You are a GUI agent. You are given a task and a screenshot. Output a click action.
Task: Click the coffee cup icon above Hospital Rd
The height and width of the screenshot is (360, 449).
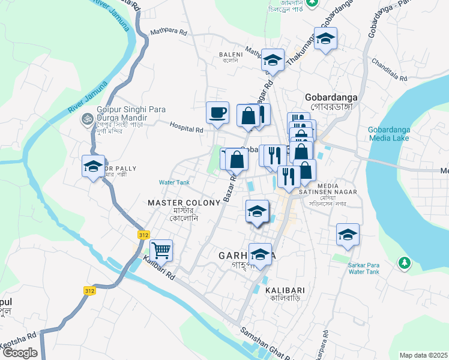217,112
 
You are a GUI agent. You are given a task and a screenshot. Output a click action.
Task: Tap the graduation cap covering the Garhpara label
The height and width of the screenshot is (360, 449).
260,253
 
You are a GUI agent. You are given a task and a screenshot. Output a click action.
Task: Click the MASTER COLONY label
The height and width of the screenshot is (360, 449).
184,203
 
